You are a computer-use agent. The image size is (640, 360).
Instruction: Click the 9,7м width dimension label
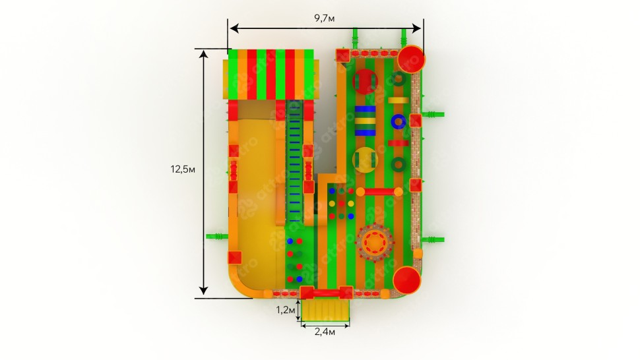pyautogui.click(x=324, y=18)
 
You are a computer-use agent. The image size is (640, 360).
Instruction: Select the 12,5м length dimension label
pyautogui.click(x=183, y=169)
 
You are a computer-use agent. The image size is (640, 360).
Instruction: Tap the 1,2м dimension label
pyautogui.click(x=286, y=310)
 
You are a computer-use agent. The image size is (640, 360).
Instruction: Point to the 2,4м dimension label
pyautogui.click(x=325, y=332)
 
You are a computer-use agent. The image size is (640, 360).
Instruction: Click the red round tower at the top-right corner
pyautogui.click(x=410, y=59)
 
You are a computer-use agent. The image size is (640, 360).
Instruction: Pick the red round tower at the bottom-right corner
pyautogui.click(x=406, y=280)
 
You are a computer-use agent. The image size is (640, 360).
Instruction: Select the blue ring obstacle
pyautogui.click(x=398, y=121)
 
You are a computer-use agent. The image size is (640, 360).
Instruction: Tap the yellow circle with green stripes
pyautogui.click(x=365, y=160)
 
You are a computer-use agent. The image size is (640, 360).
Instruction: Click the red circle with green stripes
pyautogui.click(x=365, y=82)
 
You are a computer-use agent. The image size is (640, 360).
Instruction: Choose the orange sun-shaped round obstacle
pyautogui.click(x=375, y=243)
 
